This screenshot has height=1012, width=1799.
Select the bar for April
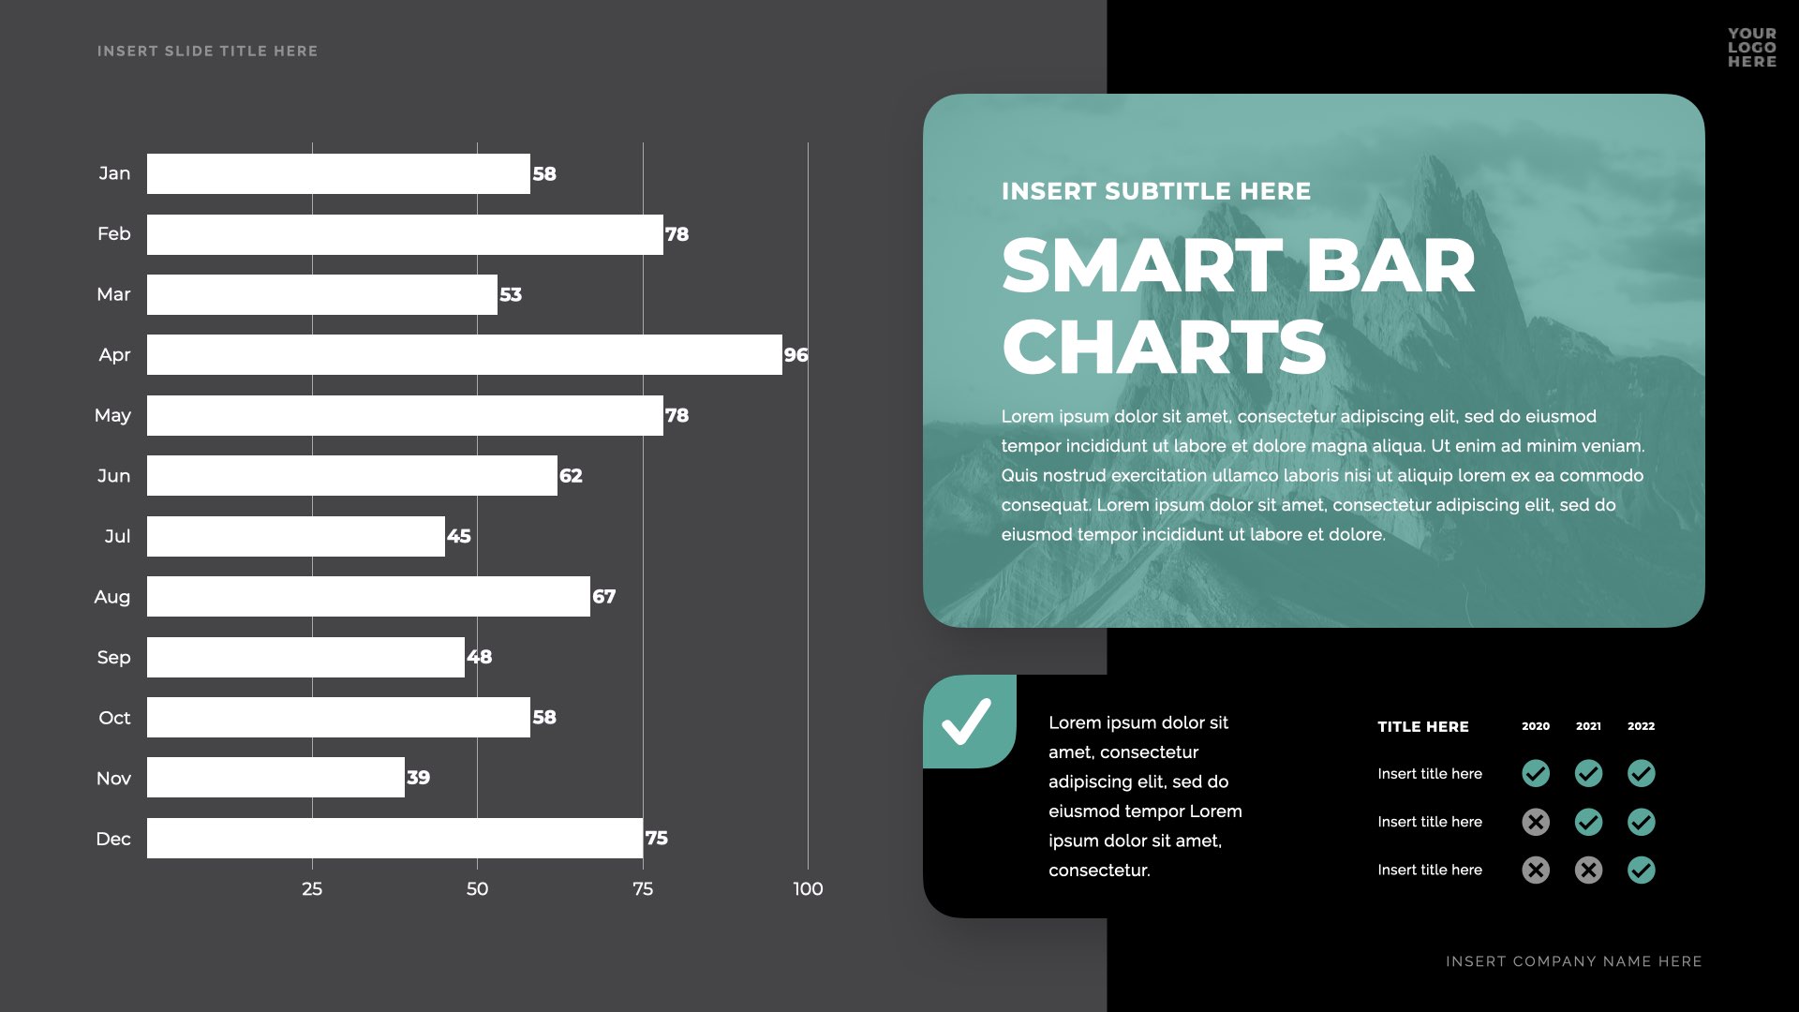[464, 355]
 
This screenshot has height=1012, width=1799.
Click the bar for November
[275, 778]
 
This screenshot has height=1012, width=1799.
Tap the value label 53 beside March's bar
[511, 295]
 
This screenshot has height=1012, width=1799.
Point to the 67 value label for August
[604, 597]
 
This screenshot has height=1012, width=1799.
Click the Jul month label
[117, 537]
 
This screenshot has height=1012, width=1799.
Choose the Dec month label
[113, 839]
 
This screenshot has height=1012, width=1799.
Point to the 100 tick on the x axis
[808, 889]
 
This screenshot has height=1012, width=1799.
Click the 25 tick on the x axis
[312, 889]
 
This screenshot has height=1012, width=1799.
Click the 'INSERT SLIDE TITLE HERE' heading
[207, 52]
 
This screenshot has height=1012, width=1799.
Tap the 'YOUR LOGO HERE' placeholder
[1752, 48]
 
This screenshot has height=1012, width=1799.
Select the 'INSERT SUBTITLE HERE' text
[1156, 192]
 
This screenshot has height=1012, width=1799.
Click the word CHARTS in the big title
[1164, 348]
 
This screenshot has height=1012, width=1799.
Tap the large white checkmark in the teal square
[967, 722]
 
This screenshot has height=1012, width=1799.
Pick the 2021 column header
[1588, 726]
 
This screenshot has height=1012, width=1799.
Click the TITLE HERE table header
[1423, 727]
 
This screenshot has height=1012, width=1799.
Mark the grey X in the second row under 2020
[1536, 823]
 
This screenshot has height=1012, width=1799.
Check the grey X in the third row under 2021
[1588, 871]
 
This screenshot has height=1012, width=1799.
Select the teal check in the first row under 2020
[1536, 774]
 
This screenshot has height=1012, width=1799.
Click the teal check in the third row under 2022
[1642, 871]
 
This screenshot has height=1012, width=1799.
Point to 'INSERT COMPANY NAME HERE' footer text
[1574, 961]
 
